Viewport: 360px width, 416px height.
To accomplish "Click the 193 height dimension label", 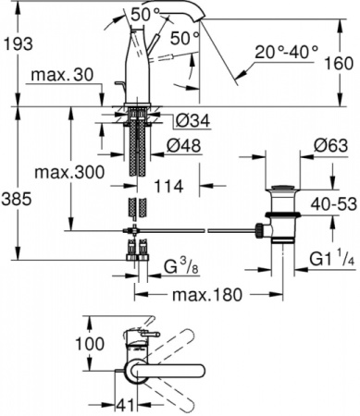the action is tap(18, 43).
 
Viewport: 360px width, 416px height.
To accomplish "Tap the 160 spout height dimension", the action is tap(340, 63).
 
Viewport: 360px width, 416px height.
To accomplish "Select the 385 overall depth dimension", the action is tap(17, 199).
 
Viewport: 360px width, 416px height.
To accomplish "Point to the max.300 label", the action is tap(69, 172).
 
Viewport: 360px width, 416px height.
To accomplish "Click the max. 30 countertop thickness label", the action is tap(62, 75).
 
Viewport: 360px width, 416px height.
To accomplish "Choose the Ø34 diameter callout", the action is tap(193, 120).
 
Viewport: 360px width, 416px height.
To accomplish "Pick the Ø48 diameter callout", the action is tap(184, 145).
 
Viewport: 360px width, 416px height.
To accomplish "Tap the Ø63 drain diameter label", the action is tap(330, 145).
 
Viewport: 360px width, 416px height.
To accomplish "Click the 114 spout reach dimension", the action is tap(168, 186).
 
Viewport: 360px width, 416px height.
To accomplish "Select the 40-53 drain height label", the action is tap(334, 203).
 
